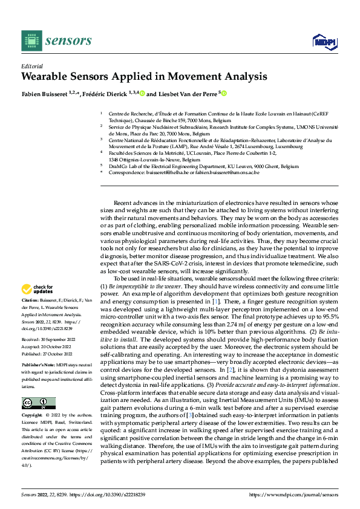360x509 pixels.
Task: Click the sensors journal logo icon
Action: [x=30, y=41]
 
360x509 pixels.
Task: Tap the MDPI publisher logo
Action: [x=322, y=41]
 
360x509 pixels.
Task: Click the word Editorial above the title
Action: [x=31, y=66]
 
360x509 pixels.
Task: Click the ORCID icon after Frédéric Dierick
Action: [x=142, y=93]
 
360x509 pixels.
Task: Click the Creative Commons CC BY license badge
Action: [x=38, y=386]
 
